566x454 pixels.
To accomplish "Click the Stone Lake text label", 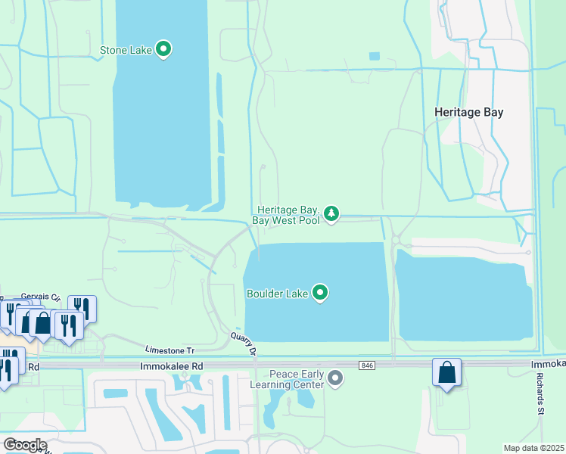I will click(126, 51).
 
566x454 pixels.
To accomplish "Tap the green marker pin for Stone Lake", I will click(163, 50).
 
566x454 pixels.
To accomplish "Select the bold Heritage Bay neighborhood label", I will click(468, 112).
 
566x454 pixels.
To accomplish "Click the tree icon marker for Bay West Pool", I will click(331, 214).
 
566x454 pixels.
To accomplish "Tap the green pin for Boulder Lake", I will click(320, 292).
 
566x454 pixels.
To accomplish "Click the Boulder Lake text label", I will click(277, 293).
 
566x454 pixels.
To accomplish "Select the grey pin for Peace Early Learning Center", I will click(336, 377).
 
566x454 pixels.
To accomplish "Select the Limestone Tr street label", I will click(169, 350).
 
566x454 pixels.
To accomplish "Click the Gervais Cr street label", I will click(39, 295).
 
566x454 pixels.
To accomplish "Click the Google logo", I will click(24, 445).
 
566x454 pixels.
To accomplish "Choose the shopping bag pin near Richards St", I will click(446, 372).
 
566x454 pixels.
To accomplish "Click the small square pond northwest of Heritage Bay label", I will click(374, 56).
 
